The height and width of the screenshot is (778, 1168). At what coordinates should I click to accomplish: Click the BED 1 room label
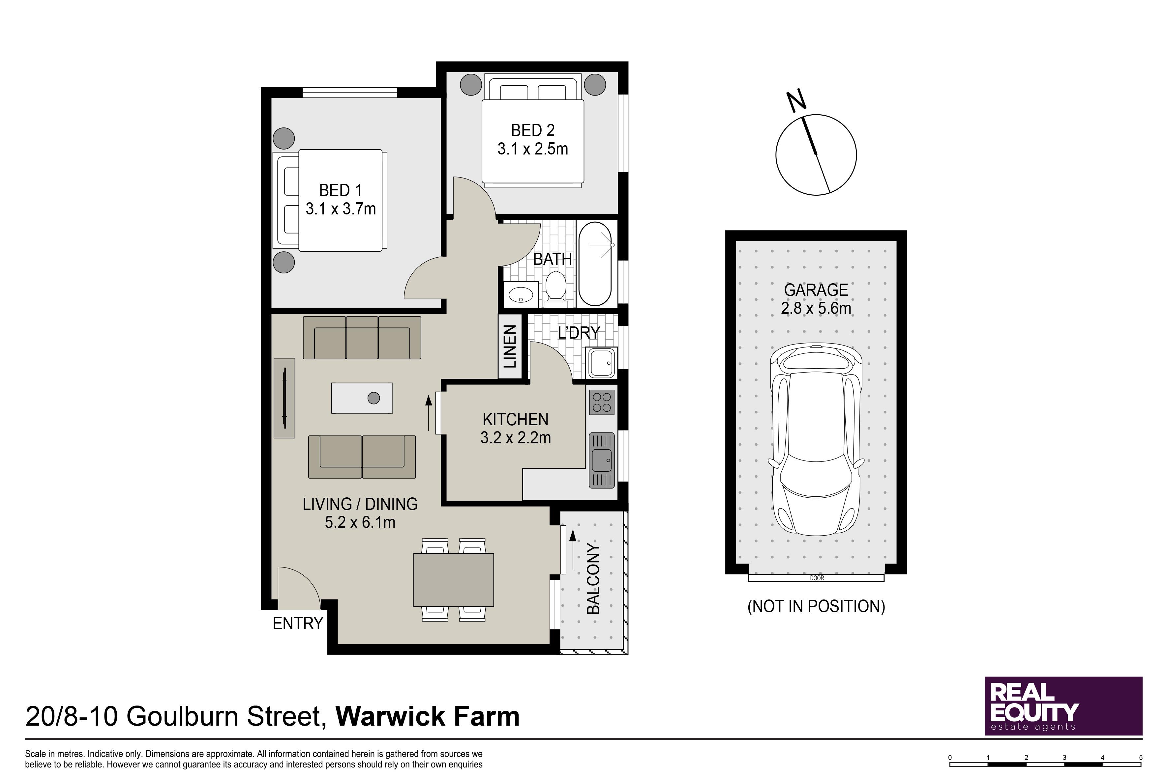click(340, 190)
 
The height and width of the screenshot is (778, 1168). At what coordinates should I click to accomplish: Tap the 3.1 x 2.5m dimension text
click(532, 149)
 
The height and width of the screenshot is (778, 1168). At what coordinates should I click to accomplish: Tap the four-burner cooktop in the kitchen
click(601, 403)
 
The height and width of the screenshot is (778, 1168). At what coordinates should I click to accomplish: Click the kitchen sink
click(601, 460)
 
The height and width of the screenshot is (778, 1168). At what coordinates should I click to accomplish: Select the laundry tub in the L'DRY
click(601, 363)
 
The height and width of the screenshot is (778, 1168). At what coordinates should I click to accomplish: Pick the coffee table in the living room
click(362, 398)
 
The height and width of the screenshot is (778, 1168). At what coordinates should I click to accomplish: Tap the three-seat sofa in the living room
click(362, 338)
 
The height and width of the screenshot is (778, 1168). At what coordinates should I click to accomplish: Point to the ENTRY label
click(298, 623)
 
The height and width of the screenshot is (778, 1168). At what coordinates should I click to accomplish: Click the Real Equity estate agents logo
click(1064, 706)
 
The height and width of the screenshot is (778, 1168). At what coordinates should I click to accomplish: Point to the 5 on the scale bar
click(1141, 758)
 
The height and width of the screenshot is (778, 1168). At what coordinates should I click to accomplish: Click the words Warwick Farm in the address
click(428, 716)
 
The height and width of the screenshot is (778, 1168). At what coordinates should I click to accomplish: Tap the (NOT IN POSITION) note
click(816, 606)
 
